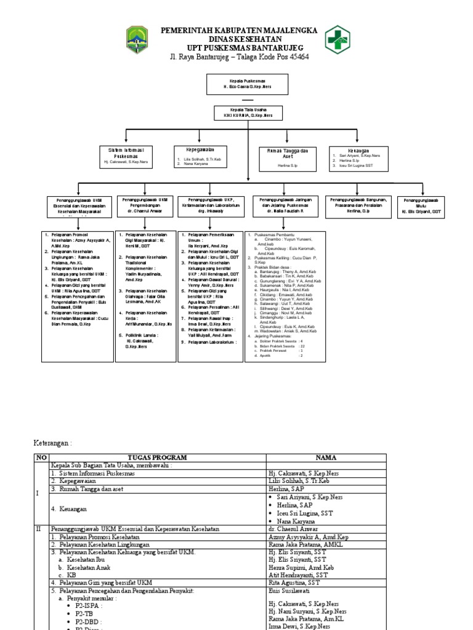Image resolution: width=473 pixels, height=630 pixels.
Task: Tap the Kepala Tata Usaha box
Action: pos(248,113)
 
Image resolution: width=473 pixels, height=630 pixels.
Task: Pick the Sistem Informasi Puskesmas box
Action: pos(126,156)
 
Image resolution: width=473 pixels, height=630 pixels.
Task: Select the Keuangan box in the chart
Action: pos(358,156)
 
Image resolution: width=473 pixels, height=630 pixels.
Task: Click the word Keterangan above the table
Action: pos(52,442)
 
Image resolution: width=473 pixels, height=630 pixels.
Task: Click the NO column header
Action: pos(41,458)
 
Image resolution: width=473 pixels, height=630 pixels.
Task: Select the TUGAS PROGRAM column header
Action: pos(158,458)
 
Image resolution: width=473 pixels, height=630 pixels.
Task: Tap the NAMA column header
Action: pos(326,458)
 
